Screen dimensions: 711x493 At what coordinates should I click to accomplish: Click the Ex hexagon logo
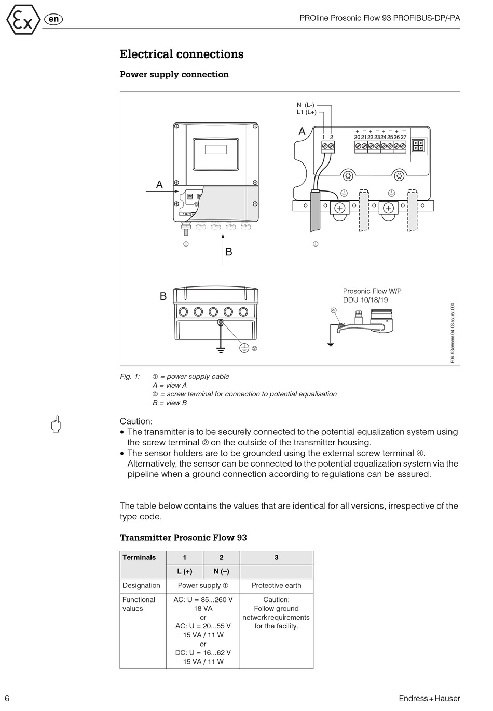[23, 20]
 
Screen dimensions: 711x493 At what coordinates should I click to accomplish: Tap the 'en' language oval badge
[53, 20]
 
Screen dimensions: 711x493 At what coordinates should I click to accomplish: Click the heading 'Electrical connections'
[182, 54]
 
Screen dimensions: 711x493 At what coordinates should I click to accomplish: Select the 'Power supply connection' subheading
[174, 75]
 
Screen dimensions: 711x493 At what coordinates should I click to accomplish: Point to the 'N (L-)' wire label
[306, 105]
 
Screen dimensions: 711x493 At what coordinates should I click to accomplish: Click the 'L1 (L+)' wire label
[307, 112]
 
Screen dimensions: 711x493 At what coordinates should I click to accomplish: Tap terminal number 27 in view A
[403, 137]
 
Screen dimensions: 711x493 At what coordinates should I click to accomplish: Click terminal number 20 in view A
[357, 137]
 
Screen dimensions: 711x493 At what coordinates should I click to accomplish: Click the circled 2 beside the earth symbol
[254, 348]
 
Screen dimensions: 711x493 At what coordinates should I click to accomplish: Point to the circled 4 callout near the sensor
[334, 310]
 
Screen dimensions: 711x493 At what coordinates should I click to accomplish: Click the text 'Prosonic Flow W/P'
[372, 291]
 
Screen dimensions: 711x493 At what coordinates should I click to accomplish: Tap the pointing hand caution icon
[56, 424]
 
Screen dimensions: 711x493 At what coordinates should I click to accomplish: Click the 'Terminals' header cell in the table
[139, 558]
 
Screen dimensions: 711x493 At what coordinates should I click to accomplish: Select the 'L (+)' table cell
[185, 572]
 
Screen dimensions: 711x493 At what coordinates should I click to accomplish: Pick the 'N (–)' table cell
[222, 572]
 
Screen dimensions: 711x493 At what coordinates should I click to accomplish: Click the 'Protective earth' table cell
[277, 586]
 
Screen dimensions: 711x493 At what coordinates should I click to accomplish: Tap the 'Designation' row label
[141, 586]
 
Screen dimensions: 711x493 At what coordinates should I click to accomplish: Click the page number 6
[7, 698]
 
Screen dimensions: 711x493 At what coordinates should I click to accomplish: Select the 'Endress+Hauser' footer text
[429, 699]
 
